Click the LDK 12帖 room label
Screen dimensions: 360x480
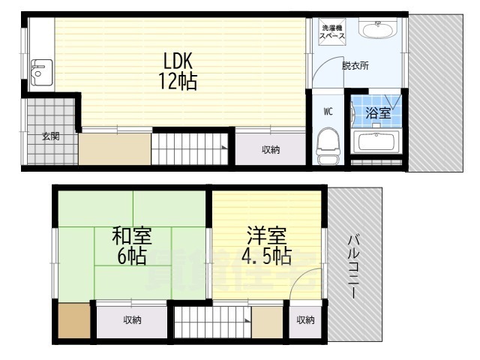(x=177, y=70)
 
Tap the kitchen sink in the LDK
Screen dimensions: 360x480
(x=38, y=70)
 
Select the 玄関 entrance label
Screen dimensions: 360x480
(x=50, y=136)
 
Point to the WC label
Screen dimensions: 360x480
(x=328, y=111)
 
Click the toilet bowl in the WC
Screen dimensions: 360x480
(x=326, y=145)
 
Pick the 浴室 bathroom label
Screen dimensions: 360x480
(x=377, y=114)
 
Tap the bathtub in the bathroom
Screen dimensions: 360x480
(x=377, y=142)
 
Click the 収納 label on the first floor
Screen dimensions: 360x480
(x=271, y=150)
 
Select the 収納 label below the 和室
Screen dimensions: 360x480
(x=132, y=320)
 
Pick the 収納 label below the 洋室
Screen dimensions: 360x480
(x=304, y=320)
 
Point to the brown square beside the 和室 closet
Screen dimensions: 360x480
(x=73, y=322)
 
